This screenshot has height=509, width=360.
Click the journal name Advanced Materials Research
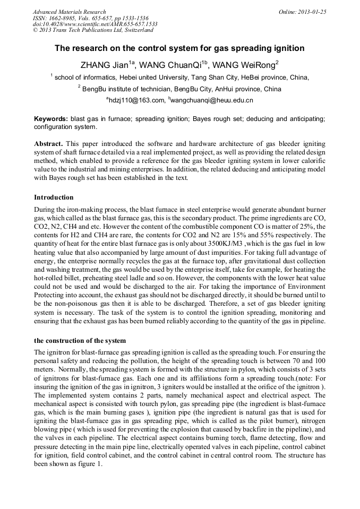click(x=70, y=12)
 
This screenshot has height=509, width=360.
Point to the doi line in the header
click(x=95, y=24)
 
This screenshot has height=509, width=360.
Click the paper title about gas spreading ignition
click(x=179, y=48)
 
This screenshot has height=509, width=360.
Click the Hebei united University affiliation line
click(x=181, y=77)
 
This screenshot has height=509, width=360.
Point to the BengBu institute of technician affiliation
click(x=181, y=89)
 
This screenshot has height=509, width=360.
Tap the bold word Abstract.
click(x=49, y=144)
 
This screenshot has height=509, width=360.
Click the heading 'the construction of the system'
click(x=80, y=340)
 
